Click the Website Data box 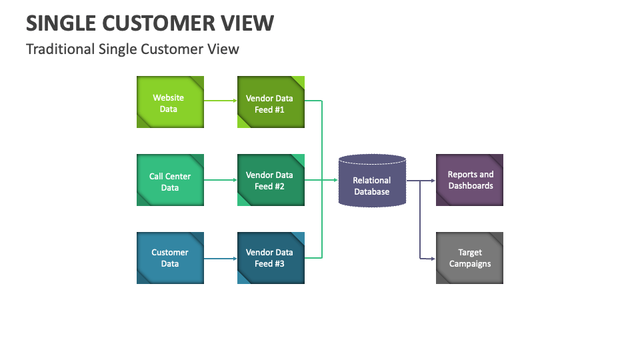point(170,102)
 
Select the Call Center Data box point(170,180)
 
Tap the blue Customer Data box point(170,258)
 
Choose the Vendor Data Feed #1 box point(271,102)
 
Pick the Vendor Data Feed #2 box point(271,180)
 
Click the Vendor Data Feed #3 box point(271,258)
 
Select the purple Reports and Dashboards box point(469,180)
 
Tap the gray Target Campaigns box point(469,258)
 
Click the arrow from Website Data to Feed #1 point(220,101)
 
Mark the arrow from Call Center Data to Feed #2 point(220,180)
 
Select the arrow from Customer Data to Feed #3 point(220,258)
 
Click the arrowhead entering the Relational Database point(335,180)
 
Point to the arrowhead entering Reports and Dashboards point(433,180)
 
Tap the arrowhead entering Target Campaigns point(433,258)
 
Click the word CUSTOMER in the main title point(160,23)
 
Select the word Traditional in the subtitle point(60,49)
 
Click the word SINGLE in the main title point(60,23)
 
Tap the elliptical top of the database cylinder point(372,159)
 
